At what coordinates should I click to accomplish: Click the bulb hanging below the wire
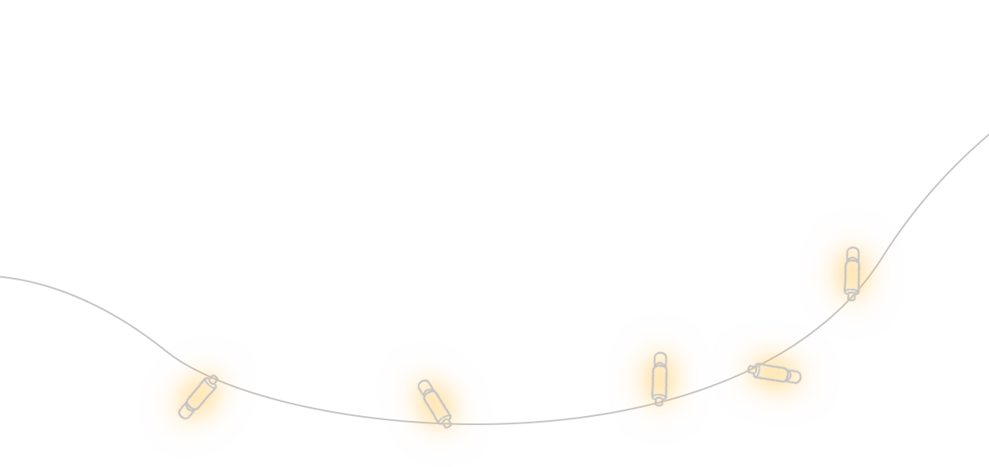coord(198,397)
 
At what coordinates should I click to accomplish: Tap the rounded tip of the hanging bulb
coord(184,414)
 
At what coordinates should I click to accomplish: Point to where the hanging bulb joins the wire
coord(212,380)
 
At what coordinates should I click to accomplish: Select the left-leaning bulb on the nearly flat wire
coord(434,403)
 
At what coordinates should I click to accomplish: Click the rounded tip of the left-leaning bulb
coord(424,385)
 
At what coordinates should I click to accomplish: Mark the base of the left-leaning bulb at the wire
coord(447,423)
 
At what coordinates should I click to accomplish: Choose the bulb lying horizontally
coord(775,373)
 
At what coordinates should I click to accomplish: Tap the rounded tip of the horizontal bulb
coord(796,378)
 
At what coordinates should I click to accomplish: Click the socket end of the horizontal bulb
coord(753,369)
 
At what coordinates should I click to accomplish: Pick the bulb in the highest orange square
coord(852,272)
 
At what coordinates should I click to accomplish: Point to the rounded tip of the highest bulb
coord(852,252)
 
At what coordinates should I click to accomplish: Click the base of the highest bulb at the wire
coord(852,296)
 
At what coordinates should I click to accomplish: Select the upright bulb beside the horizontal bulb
coord(659,378)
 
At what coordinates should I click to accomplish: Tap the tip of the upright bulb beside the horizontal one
coord(659,357)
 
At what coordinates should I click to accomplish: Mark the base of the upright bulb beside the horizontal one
coord(658,402)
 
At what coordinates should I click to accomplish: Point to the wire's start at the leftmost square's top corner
coord(122,319)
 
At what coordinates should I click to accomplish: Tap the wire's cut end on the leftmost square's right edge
coord(276,400)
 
